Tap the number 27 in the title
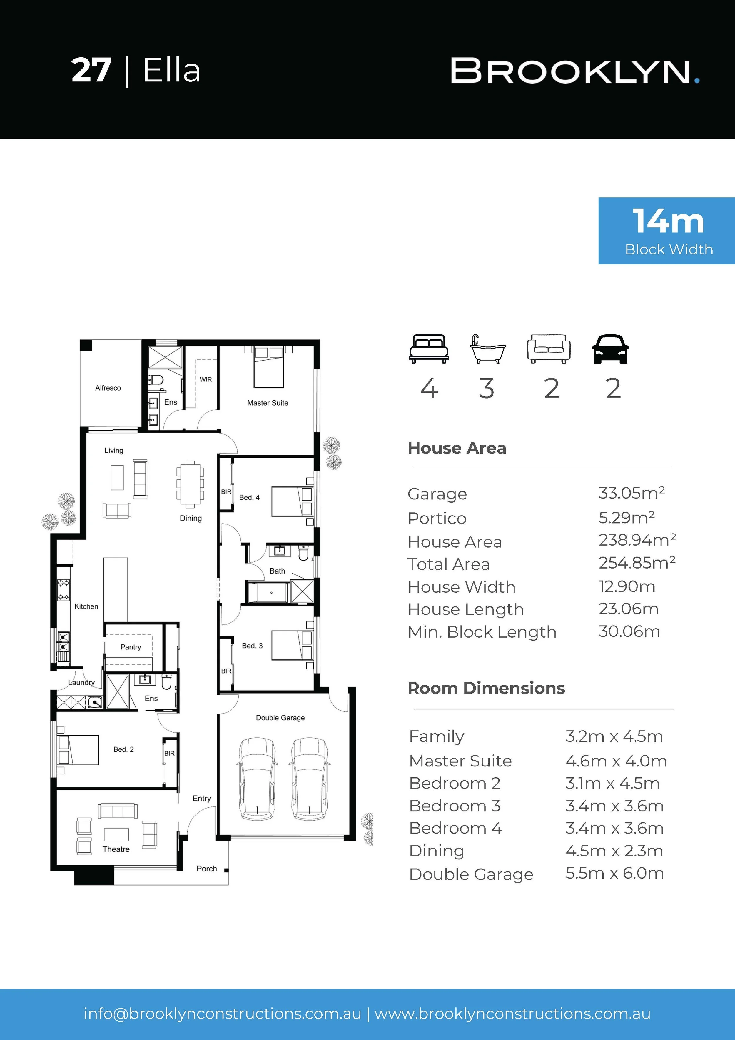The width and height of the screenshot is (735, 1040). point(91,70)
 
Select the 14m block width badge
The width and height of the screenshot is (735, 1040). point(666,231)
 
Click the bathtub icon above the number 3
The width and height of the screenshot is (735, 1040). point(487,349)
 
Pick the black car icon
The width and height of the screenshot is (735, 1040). point(610,349)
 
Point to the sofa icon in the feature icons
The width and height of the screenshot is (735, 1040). point(548,349)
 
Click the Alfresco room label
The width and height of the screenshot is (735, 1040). point(108,388)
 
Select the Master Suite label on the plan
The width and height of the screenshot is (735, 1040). point(268,403)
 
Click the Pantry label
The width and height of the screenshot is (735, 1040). point(131,647)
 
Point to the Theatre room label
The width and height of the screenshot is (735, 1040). point(116,849)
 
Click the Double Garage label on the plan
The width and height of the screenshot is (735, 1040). point(280,717)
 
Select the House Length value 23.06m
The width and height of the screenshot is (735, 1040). point(629,609)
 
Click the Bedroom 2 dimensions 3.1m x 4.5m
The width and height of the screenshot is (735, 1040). point(612,783)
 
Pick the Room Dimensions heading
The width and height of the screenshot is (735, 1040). point(486,688)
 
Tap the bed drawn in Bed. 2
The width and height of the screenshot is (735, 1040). point(78,750)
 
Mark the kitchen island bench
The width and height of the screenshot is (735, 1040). point(116,589)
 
